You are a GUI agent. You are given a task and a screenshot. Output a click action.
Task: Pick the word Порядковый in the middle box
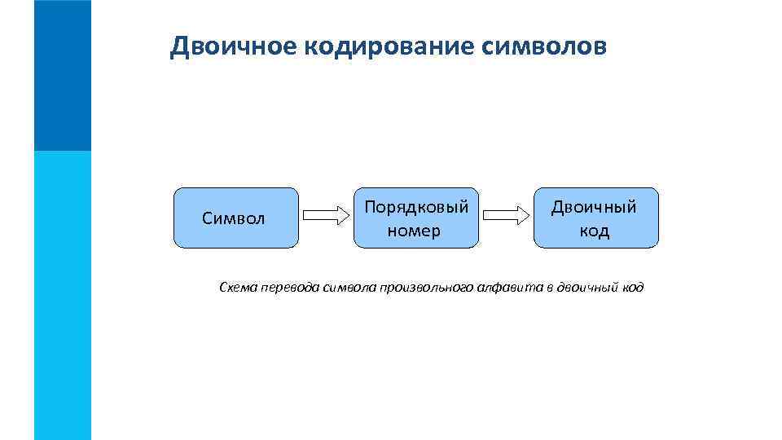tap(415, 207)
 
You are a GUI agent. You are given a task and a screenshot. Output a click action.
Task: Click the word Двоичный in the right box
tap(594, 207)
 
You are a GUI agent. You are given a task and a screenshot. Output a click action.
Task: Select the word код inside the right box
tap(594, 231)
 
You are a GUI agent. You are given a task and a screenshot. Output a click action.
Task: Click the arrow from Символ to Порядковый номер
tap(325, 216)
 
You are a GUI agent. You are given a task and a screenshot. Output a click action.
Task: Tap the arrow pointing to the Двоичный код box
tap(505, 216)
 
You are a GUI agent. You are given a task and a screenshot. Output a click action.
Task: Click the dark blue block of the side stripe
tap(63, 75)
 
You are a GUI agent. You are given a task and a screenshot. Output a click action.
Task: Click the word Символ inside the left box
tap(234, 218)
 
